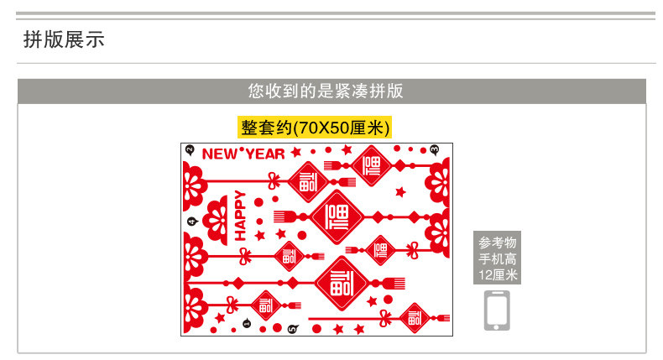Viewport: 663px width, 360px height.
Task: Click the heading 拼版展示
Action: pyautogui.click(x=64, y=39)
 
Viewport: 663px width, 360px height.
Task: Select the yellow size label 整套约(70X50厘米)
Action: pyautogui.click(x=315, y=128)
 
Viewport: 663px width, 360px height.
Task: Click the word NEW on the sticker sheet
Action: pyautogui.click(x=219, y=154)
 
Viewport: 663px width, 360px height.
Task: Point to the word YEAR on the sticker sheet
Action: pyautogui.click(x=264, y=154)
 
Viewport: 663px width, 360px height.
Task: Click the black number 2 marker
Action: pyautogui.click(x=190, y=150)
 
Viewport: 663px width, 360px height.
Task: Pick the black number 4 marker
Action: pyautogui.click(x=192, y=222)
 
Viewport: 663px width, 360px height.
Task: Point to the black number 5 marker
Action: pyautogui.click(x=291, y=328)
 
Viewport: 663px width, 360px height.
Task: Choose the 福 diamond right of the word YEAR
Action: pyautogui.click(x=370, y=165)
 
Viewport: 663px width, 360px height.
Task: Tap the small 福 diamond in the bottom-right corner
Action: pyautogui.click(x=415, y=318)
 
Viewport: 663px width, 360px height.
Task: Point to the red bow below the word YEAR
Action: pyautogui.click(x=273, y=179)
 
